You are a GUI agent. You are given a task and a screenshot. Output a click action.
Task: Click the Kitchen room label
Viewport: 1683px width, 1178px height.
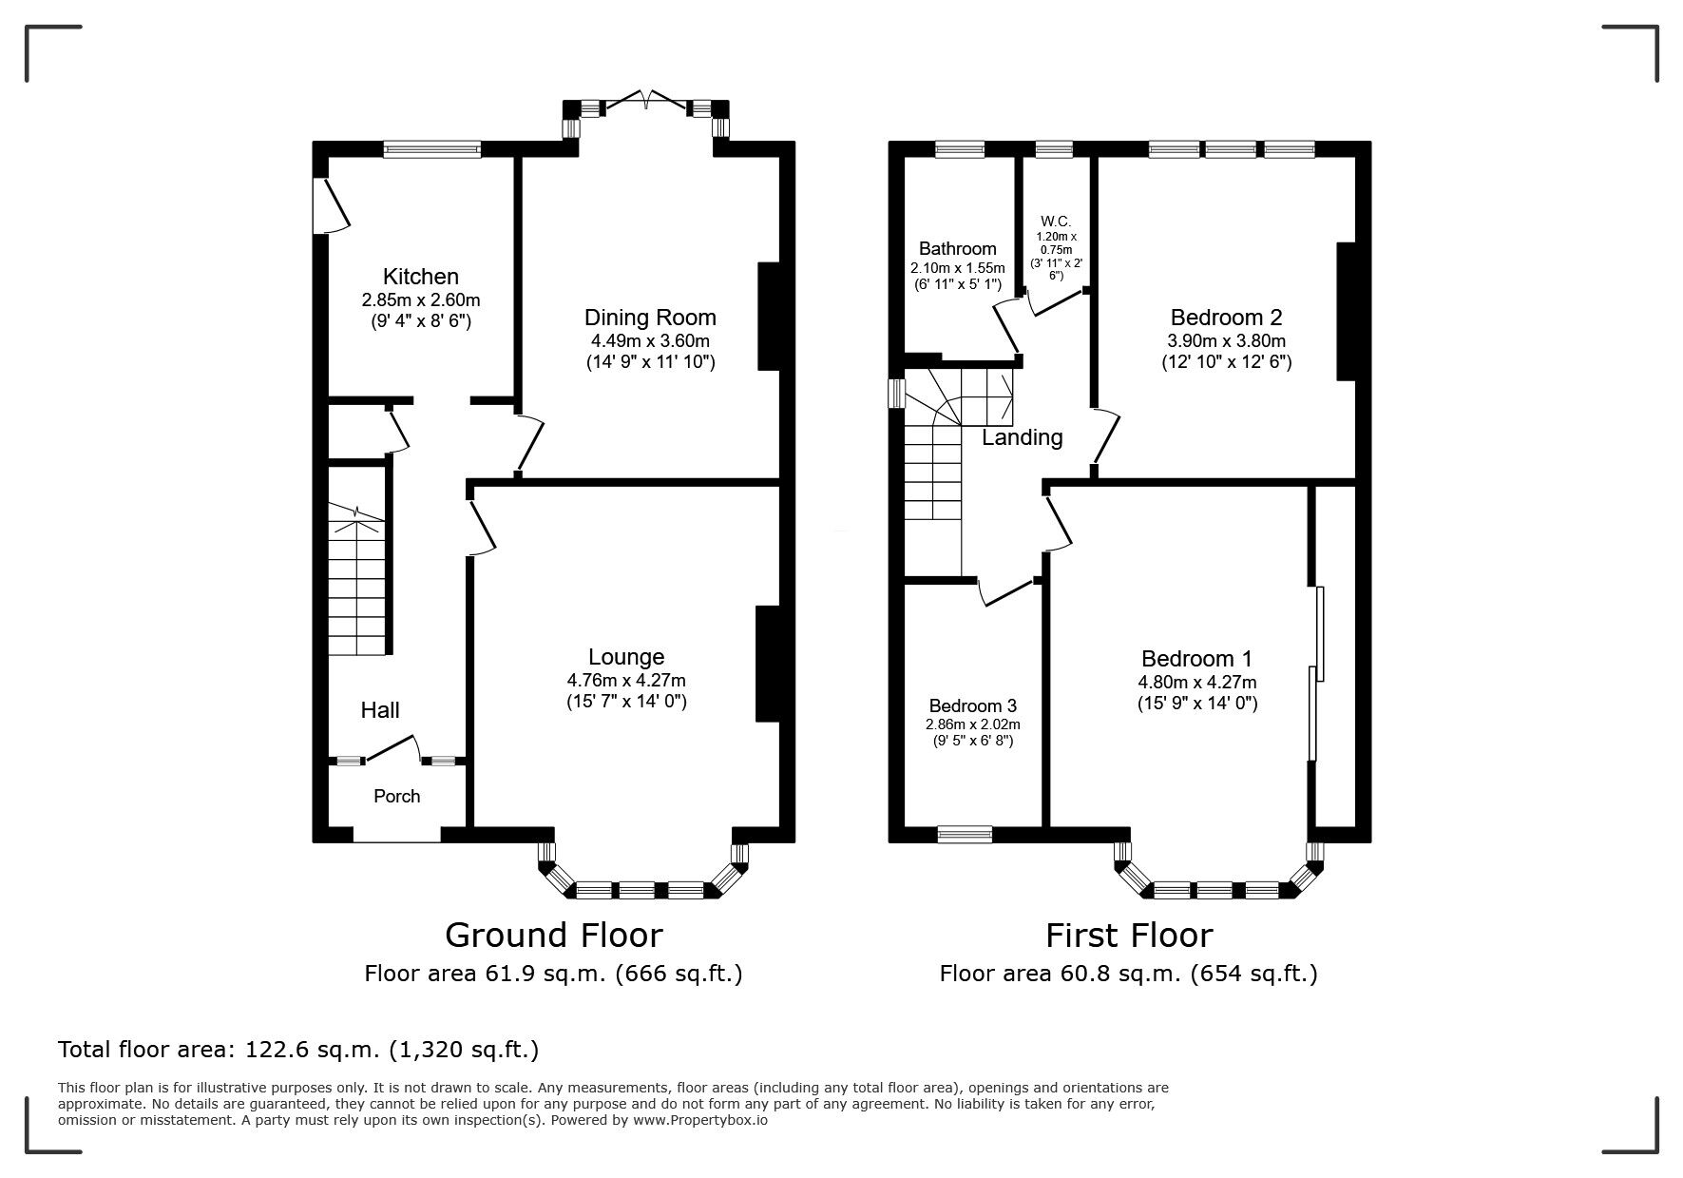click(420, 277)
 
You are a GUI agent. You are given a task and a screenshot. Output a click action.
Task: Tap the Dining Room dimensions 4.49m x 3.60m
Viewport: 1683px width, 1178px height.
click(650, 341)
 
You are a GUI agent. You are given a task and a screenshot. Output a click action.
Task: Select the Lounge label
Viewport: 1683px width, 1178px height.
click(626, 657)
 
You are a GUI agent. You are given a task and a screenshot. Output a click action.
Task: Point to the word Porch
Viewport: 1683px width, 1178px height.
click(396, 797)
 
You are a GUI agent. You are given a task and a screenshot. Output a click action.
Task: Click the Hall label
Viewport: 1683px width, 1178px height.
click(379, 710)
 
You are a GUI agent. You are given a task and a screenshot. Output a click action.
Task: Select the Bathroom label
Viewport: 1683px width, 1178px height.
click(957, 249)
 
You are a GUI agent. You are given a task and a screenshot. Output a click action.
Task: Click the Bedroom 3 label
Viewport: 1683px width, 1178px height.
click(972, 705)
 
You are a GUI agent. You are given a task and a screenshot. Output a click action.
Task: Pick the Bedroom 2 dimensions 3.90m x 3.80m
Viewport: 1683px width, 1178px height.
click(1226, 341)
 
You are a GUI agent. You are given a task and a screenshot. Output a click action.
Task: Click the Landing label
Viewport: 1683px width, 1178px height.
click(1022, 437)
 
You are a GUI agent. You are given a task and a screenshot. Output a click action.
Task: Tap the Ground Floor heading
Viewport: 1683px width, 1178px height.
click(553, 936)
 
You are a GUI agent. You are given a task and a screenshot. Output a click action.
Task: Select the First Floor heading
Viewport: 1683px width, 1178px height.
click(1128, 936)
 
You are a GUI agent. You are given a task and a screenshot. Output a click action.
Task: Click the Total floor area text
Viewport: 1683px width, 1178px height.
click(298, 1050)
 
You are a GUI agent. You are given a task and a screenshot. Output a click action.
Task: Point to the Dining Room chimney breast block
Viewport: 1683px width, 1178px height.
click(768, 316)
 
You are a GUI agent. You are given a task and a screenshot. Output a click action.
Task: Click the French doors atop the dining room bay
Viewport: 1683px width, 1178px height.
click(646, 99)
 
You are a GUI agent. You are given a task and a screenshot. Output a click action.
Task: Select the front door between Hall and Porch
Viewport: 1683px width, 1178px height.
click(392, 748)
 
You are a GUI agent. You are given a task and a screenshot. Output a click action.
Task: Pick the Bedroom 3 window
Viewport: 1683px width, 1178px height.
click(964, 835)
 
